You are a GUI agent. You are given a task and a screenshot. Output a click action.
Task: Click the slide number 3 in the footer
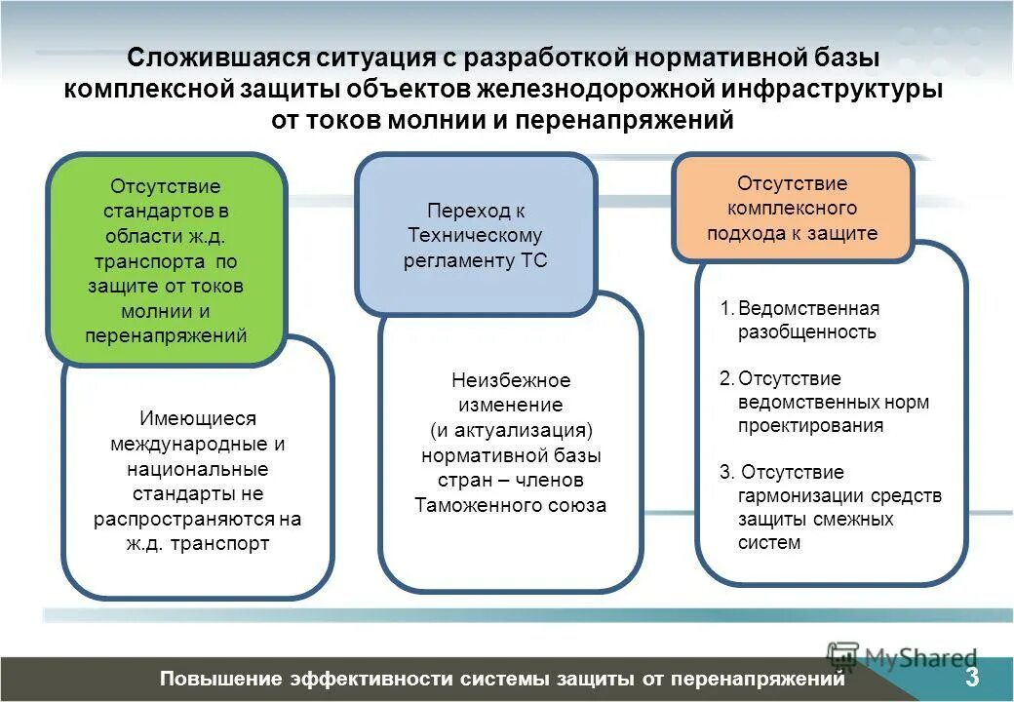[x=972, y=678]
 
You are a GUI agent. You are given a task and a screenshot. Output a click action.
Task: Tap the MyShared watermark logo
[x=902, y=658]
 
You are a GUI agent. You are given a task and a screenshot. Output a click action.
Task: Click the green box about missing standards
[x=166, y=259]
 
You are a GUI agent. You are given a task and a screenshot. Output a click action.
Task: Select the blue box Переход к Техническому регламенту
[x=476, y=235]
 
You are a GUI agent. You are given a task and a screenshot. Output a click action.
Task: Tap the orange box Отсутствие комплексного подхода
[x=792, y=208]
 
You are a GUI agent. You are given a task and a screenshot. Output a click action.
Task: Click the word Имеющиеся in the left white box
[x=197, y=418]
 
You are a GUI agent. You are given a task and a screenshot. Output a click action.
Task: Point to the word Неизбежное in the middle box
[x=511, y=380]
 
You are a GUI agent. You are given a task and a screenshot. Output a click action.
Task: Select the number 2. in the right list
[x=726, y=378]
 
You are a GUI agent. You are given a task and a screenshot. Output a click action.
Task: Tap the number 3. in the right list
[x=726, y=472]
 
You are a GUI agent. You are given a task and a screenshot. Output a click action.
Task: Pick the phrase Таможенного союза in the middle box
[x=511, y=505]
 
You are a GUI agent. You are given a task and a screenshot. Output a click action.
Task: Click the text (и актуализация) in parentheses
[x=511, y=430]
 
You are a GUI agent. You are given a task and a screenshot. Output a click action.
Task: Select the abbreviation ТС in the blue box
[x=534, y=259]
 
